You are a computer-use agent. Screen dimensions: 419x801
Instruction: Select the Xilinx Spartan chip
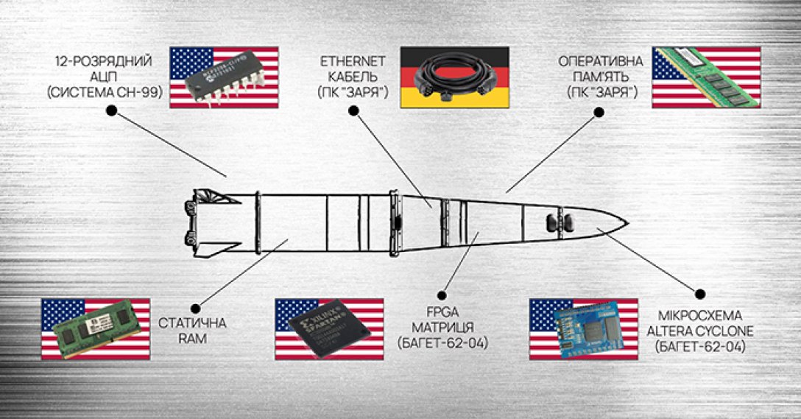point(329,329)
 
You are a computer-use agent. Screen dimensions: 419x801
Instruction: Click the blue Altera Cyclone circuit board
point(583,329)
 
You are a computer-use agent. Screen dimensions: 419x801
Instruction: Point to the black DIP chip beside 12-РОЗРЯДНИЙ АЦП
point(222,77)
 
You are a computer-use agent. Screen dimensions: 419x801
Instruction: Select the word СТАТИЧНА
point(193,323)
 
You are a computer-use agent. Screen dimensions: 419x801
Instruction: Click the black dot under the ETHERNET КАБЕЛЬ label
point(353,110)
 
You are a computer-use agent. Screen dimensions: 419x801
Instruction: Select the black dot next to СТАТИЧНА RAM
point(194,300)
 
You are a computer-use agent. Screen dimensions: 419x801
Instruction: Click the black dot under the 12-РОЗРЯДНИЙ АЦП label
point(111,110)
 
